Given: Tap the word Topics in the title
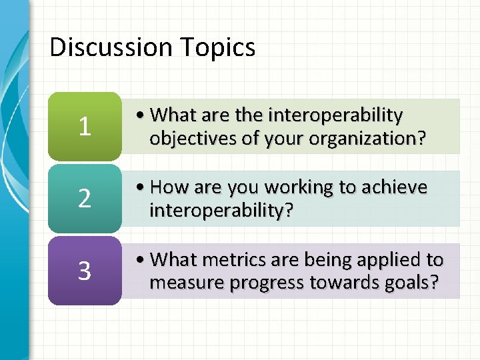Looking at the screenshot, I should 220,47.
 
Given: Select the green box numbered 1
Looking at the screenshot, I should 85,127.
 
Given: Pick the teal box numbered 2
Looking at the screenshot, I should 85,199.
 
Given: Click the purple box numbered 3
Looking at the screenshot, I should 85,271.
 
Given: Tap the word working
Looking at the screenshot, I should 295,188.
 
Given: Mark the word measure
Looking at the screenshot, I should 186,283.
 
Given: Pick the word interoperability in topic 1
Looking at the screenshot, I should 335,115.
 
